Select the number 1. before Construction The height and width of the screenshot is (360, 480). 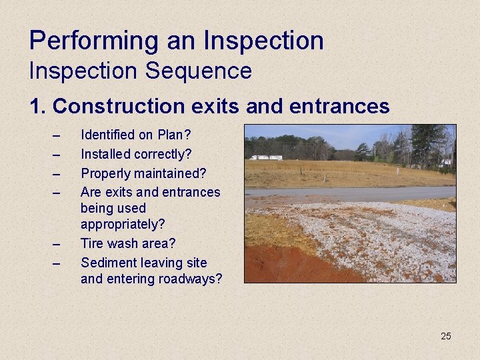38,106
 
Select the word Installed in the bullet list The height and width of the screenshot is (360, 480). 105,154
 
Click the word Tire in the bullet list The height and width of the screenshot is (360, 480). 92,244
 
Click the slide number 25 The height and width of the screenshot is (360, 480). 445,336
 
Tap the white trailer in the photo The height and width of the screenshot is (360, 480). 266,157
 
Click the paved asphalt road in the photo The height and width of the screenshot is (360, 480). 347,194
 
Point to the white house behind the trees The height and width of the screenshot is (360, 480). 445,161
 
